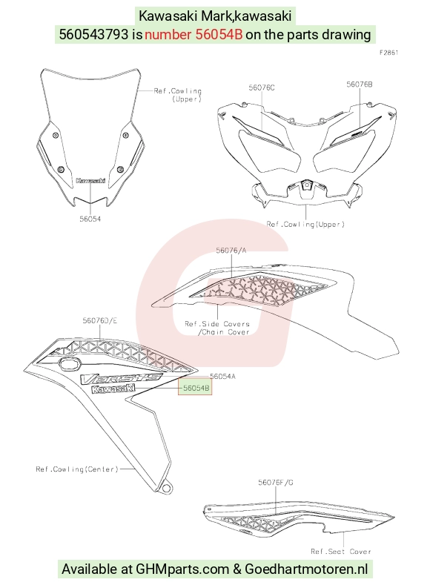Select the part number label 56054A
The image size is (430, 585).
222,377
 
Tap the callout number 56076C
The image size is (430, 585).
262,87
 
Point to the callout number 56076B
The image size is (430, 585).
359,85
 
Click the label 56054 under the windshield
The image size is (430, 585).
90,219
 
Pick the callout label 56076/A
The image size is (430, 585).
231,251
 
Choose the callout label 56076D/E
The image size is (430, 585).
99,321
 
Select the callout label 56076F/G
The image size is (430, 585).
276,483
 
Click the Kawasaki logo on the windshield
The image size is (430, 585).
90,181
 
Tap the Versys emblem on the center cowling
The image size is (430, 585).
122,378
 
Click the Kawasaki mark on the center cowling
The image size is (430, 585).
113,389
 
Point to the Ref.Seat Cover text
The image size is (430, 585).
341,551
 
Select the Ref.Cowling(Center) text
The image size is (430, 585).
77,469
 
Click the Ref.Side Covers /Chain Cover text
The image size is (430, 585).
217,328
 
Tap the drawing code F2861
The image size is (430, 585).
389,53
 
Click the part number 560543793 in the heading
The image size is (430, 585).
93,34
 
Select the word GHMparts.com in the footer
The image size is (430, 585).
182,569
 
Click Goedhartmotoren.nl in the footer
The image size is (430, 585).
306,569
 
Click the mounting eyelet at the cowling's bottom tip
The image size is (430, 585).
166,488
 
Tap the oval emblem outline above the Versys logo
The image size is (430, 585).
70,363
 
